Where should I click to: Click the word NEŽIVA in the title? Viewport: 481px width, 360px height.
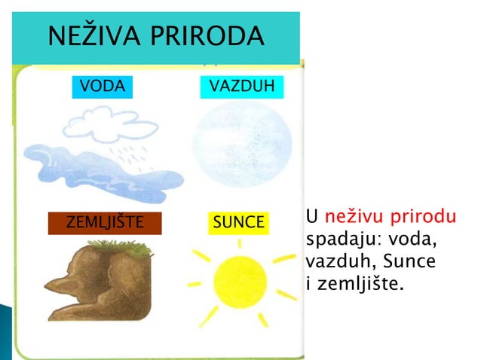click(88, 35)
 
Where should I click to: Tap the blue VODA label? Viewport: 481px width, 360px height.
click(102, 87)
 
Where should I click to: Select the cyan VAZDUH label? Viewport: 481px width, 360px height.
click(242, 87)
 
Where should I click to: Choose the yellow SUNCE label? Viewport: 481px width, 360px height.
click(238, 223)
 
